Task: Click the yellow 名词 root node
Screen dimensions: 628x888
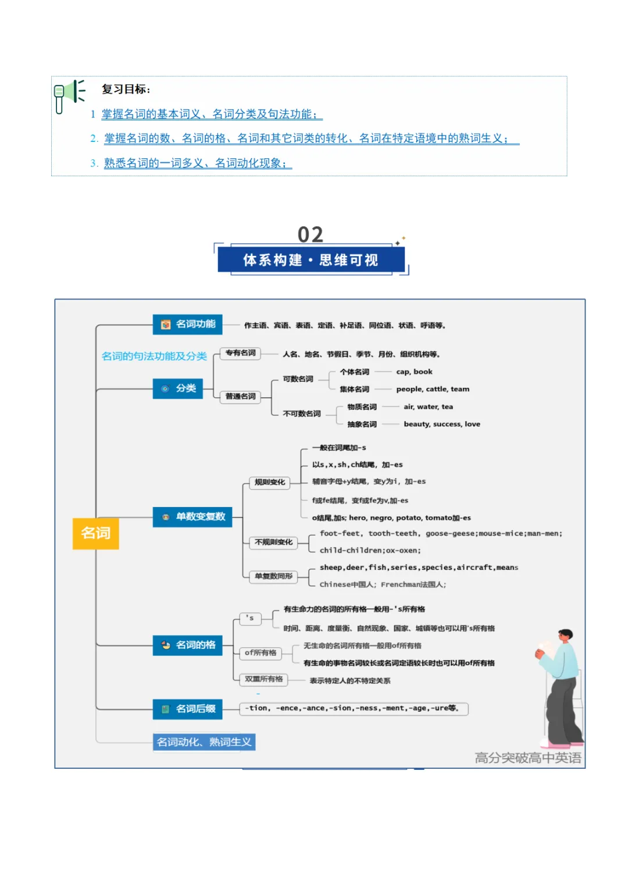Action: tap(95, 533)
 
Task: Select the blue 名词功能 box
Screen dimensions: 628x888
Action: tap(188, 324)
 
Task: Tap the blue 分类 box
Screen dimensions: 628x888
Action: tap(178, 388)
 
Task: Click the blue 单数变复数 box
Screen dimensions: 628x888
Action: tap(192, 516)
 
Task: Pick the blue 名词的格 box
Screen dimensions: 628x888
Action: tap(188, 645)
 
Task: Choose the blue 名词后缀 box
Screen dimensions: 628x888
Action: tap(188, 709)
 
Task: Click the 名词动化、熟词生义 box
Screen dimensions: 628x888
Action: tap(204, 742)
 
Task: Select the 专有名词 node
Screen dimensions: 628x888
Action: tap(241, 353)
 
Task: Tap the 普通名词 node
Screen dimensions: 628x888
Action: tap(241, 397)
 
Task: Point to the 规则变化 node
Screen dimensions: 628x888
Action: tap(270, 482)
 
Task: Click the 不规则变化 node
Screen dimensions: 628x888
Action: tap(273, 543)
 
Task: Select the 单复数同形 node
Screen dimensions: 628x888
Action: tap(273, 576)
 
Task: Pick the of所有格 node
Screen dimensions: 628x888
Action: tap(261, 653)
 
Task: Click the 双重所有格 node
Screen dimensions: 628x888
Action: tap(263, 679)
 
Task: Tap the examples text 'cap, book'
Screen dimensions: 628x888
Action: tap(414, 372)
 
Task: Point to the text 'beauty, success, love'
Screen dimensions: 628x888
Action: tap(442, 425)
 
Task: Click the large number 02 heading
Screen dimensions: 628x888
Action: tap(311, 234)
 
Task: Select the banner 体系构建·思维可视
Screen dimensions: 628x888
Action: tap(311, 260)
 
